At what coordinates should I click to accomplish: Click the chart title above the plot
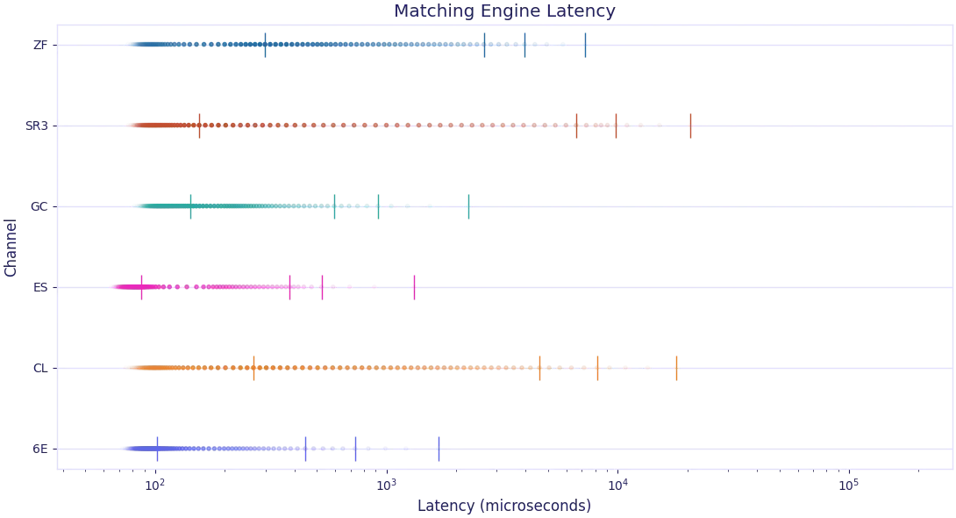(504, 12)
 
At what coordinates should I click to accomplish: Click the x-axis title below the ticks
(504, 507)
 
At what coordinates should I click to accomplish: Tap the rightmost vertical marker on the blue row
(586, 46)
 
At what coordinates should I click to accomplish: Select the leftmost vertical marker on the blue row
(263, 46)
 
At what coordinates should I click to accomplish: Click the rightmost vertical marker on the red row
(691, 126)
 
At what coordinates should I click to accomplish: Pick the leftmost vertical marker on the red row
(200, 126)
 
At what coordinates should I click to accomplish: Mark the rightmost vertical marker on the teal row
(467, 207)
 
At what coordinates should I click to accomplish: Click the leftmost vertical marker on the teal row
(193, 207)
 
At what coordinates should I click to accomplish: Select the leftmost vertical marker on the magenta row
(144, 287)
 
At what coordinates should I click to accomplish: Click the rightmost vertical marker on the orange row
(677, 368)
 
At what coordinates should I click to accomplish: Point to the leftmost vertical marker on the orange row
(255, 368)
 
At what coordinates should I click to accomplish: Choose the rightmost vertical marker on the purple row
(439, 449)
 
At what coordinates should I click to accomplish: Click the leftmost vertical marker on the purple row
(158, 449)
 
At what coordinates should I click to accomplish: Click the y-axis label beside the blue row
(41, 42)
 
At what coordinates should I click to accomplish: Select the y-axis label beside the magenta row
(41, 287)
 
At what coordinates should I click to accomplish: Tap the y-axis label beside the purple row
(41, 450)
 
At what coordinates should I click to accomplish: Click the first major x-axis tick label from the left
(153, 484)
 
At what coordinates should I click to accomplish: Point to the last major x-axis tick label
(848, 484)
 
